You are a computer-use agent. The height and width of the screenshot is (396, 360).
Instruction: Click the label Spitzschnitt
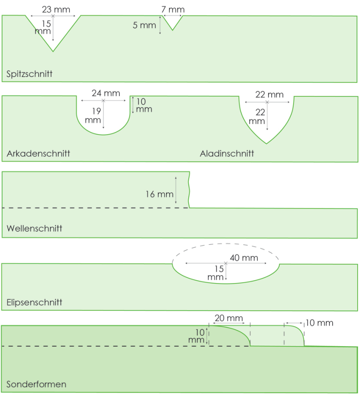point(30,74)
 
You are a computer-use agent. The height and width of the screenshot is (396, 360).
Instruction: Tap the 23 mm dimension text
point(53,9)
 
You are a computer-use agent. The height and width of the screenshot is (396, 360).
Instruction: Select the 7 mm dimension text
point(173,9)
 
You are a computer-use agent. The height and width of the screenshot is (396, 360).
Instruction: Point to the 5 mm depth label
point(144,25)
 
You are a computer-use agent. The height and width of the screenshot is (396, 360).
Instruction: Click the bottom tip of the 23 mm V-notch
point(53,51)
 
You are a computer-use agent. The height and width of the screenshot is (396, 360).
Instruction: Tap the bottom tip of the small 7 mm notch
point(173,30)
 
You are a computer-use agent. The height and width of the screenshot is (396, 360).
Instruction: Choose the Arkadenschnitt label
point(38,154)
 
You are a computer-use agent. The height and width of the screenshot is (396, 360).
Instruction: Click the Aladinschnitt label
point(227,154)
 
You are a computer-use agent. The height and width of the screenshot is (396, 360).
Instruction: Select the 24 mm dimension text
point(103,93)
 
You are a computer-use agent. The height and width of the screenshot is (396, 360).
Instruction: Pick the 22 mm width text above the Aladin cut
point(270,95)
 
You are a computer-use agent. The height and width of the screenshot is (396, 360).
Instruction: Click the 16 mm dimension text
point(159,194)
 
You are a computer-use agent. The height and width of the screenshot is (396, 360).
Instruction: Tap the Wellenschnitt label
point(34,228)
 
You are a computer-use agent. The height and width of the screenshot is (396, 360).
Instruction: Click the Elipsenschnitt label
point(35,303)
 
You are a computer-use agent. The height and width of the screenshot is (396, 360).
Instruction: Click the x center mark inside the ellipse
point(226,263)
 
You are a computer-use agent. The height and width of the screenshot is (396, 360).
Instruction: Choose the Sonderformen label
point(36,384)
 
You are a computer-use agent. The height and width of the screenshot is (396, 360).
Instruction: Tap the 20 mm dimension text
point(229,318)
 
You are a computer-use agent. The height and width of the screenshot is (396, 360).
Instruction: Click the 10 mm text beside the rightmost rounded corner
point(319,323)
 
